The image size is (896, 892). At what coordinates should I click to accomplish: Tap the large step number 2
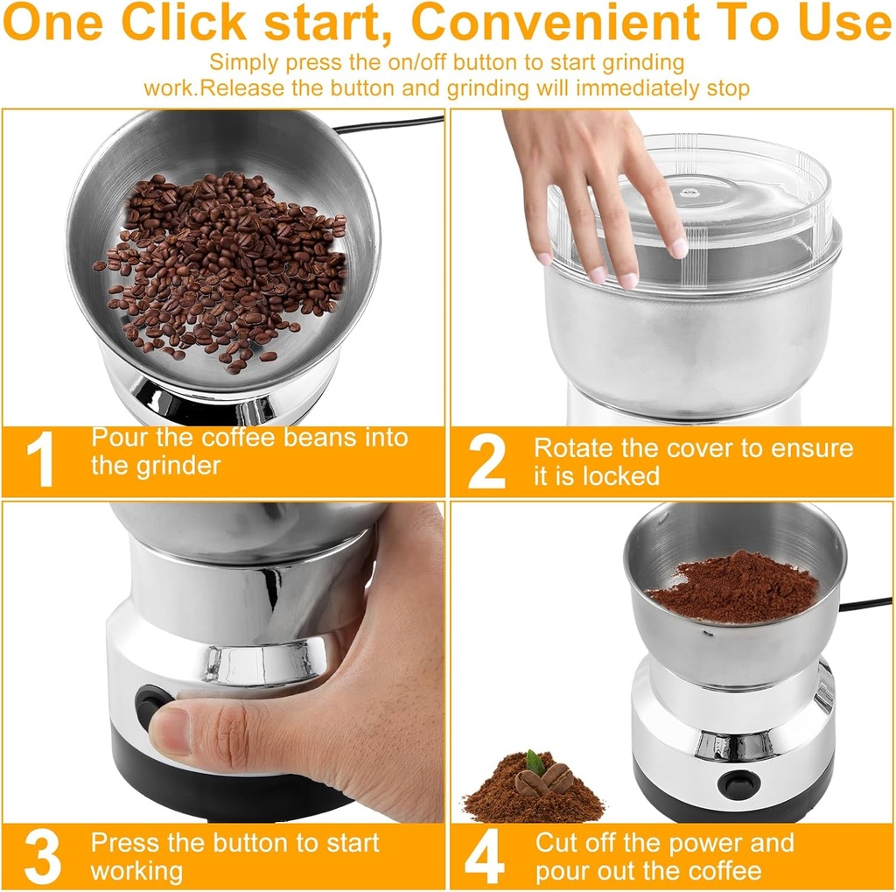(x=486, y=461)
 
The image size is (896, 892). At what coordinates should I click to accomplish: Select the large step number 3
(x=43, y=857)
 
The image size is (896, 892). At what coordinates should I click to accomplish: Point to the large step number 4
(x=484, y=857)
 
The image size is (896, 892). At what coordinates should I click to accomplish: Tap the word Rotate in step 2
(x=574, y=448)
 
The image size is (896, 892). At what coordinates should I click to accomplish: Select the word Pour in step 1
(x=119, y=437)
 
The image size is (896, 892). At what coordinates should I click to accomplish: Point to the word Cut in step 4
(x=557, y=843)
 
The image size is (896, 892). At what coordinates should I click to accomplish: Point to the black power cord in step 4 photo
(x=865, y=604)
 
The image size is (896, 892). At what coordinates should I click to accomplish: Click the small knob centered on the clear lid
(x=692, y=191)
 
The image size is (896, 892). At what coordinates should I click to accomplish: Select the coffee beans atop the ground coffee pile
(x=543, y=778)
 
